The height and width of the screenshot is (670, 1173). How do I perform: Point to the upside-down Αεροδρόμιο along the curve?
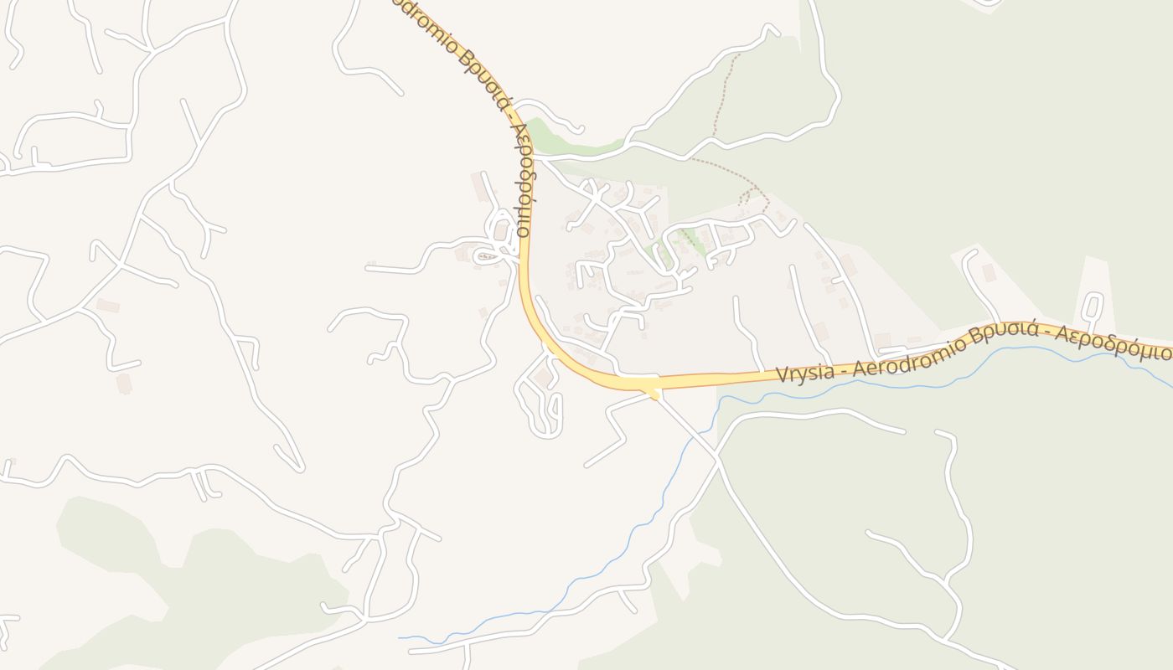pyautogui.click(x=524, y=180)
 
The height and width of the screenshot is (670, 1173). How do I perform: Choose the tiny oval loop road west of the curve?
pyautogui.click(x=486, y=256)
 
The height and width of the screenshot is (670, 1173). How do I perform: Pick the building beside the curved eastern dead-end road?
pyautogui.click(x=989, y=272)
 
